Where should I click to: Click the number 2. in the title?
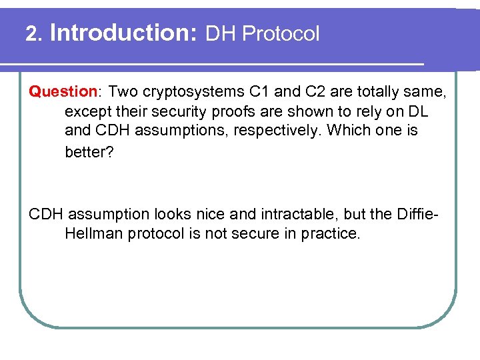pyautogui.click(x=34, y=33)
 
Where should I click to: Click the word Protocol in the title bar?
pyautogui.click(x=281, y=34)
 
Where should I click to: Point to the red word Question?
pyautogui.click(x=63, y=91)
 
